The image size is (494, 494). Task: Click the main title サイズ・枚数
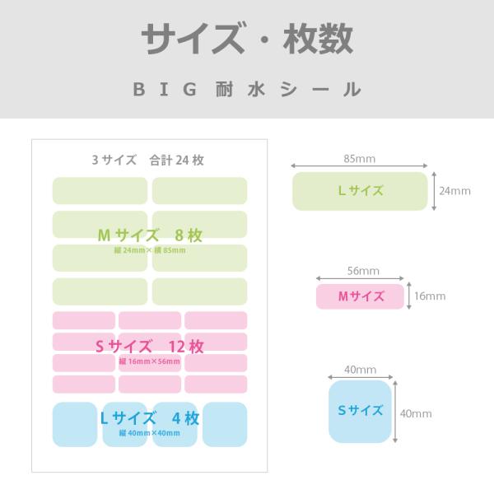tap(247, 39)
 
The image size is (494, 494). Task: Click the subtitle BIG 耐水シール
tap(247, 89)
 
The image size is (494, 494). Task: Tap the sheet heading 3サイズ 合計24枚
tap(148, 161)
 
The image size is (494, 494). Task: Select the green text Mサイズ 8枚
tap(150, 235)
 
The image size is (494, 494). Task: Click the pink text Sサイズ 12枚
tap(150, 345)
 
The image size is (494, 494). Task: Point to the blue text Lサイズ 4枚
tap(149, 417)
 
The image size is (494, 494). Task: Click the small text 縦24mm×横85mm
tap(150, 250)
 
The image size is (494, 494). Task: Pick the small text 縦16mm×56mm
tap(150, 361)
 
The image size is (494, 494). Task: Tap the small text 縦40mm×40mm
tap(149, 433)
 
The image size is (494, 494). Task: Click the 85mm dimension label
tap(360, 156)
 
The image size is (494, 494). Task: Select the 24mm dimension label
tap(454, 191)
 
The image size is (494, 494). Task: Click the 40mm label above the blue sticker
tap(360, 370)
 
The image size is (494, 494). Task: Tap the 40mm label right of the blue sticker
tap(414, 413)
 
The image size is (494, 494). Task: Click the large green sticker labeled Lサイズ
tap(361, 191)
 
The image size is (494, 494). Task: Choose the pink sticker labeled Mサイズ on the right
tap(361, 296)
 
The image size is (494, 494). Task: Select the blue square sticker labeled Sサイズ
tap(361, 411)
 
